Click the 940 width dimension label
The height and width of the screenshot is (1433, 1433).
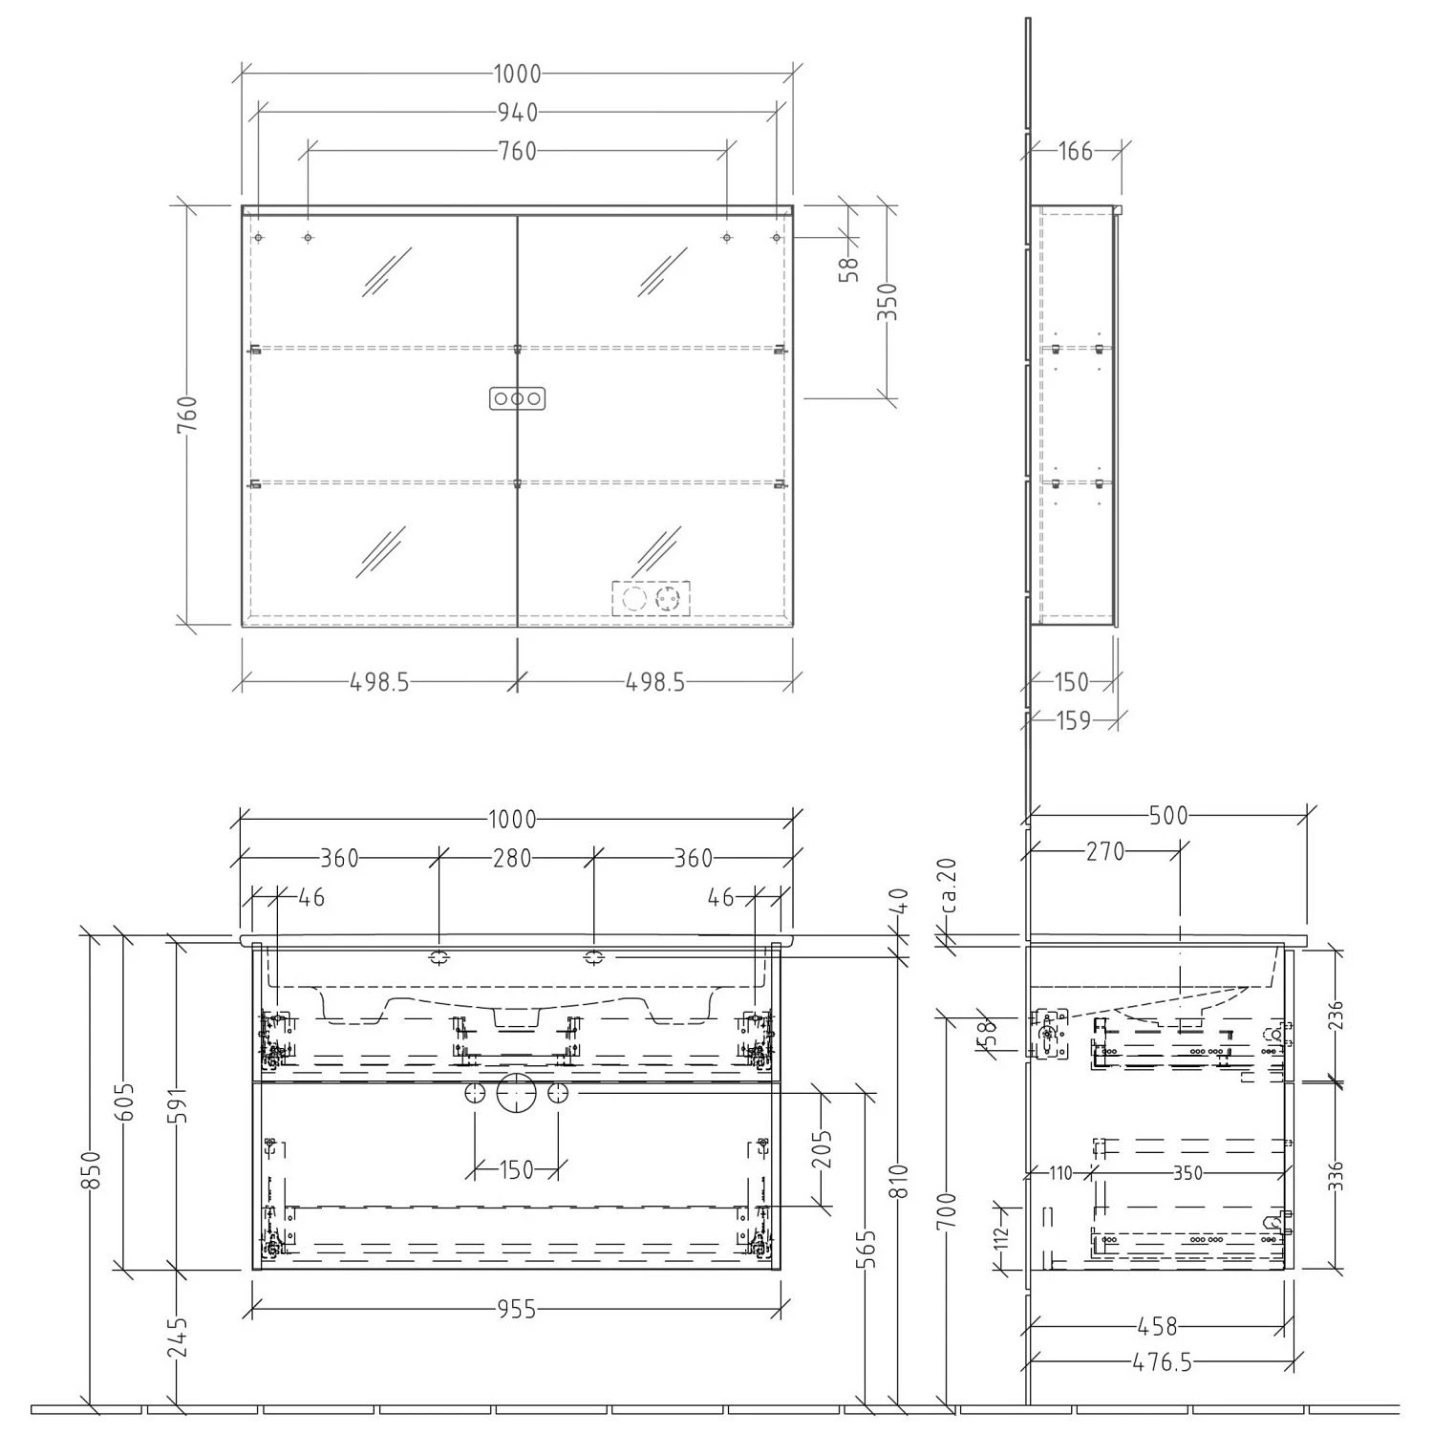517,113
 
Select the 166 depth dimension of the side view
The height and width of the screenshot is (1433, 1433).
1075,151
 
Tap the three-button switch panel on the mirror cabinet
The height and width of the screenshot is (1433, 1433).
517,398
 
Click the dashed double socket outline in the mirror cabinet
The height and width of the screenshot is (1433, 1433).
651,599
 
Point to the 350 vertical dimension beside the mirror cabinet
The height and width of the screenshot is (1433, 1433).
888,302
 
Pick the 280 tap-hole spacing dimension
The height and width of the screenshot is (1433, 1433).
512,858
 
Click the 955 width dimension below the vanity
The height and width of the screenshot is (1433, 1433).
517,1310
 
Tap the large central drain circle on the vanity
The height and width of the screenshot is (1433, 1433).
517,1094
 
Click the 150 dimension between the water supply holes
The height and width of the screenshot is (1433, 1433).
517,1169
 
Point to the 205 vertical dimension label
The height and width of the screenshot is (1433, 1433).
823,1149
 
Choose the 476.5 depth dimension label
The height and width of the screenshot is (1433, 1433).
1162,1362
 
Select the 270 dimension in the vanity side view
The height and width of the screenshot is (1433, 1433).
1105,851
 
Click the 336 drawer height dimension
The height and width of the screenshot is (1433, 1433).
1335,1175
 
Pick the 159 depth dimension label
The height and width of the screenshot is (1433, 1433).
1074,720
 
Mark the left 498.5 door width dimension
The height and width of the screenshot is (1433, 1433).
379,682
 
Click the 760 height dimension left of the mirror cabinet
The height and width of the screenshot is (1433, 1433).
187,416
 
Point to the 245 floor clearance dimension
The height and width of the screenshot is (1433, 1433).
179,1337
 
